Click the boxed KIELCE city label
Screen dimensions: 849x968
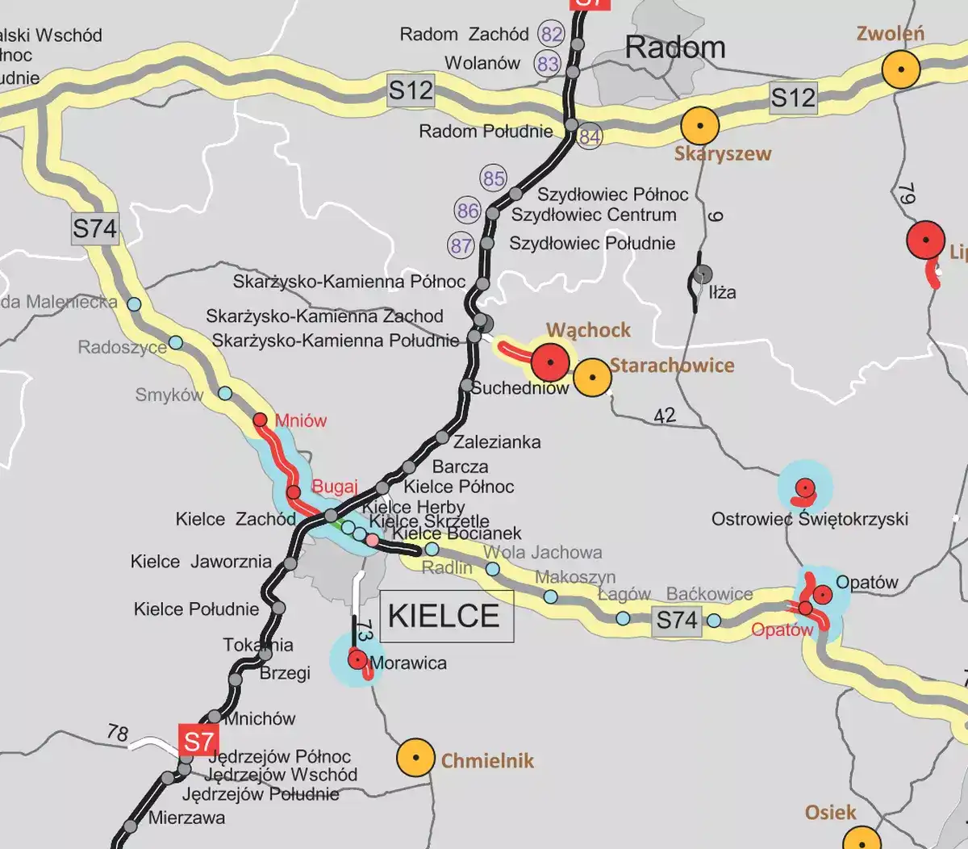(445, 616)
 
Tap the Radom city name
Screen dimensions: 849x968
(675, 48)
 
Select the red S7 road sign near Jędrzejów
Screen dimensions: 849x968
(198, 741)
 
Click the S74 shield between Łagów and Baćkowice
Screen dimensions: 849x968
(676, 620)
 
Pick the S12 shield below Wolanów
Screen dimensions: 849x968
(411, 90)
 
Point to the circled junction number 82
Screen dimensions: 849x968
(552, 35)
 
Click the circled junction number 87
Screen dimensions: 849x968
(461, 245)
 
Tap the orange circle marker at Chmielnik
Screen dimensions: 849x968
(416, 758)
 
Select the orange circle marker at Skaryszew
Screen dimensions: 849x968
(699, 126)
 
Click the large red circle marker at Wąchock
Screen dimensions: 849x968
(551, 362)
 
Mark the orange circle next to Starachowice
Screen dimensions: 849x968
(593, 377)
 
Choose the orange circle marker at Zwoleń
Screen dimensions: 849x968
(900, 69)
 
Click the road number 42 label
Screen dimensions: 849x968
(664, 416)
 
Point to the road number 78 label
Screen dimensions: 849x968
(118, 733)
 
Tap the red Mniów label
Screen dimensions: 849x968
(301, 420)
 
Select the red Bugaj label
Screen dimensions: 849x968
(334, 487)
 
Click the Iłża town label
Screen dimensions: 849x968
(722, 292)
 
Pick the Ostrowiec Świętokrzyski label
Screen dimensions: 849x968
(809, 519)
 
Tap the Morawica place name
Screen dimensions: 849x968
(408, 663)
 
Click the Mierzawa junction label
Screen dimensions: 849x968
(186, 818)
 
